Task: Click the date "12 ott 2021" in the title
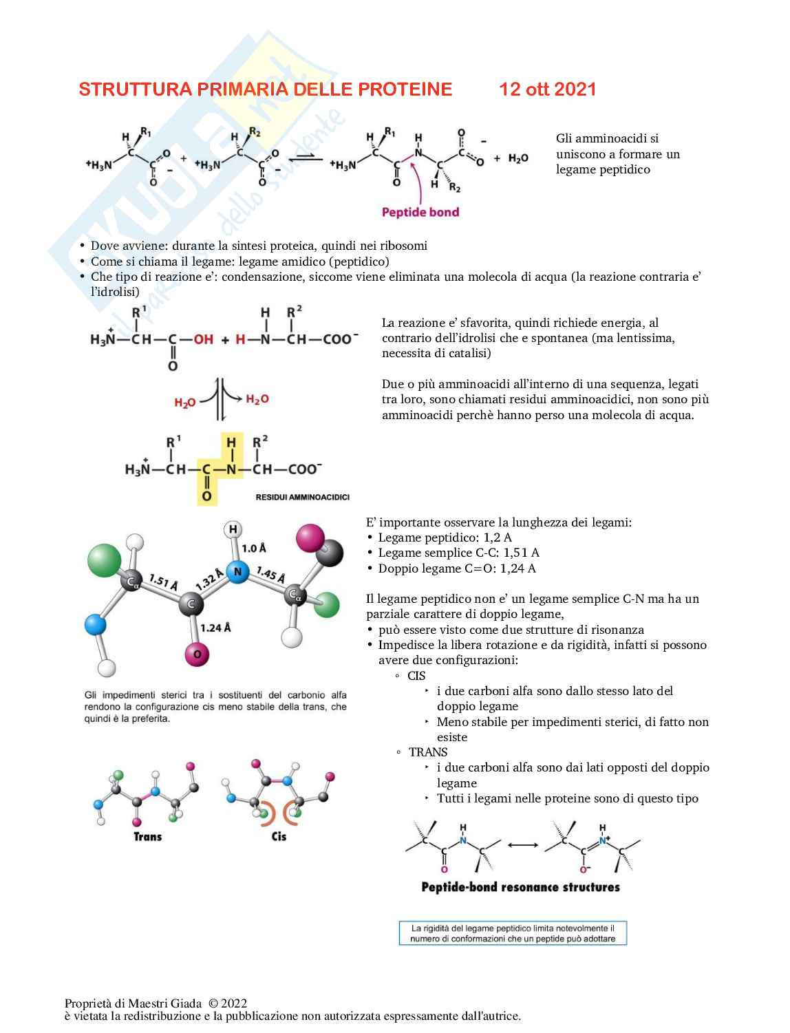coord(547,89)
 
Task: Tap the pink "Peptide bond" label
coord(420,212)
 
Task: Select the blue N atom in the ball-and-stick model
coord(237,572)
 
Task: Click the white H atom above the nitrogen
coord(233,529)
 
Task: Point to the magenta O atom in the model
coord(197,654)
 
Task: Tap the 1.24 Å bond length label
coord(215,628)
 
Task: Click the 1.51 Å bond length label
coord(163,583)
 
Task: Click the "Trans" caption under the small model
coord(147,837)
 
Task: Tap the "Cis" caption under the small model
coord(279,837)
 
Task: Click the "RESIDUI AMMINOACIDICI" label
coord(302,497)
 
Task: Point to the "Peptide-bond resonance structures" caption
coord(520,887)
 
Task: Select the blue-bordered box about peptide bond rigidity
coord(513,933)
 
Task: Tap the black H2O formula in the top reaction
coord(518,158)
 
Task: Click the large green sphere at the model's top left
coord(105,560)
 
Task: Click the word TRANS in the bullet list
coord(427,752)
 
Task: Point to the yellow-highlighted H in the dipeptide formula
coord(231,443)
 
